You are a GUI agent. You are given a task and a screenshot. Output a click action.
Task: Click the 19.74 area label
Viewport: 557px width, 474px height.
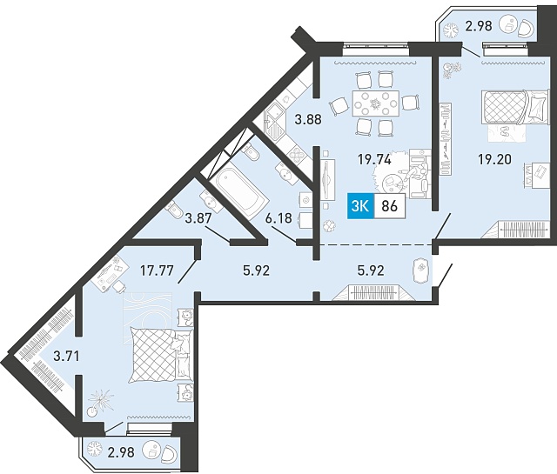pos(374,160)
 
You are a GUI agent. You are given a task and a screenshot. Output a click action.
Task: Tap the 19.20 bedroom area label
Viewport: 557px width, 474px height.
pos(494,159)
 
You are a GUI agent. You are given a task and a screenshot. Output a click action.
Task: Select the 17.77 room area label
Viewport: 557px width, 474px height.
pos(157,270)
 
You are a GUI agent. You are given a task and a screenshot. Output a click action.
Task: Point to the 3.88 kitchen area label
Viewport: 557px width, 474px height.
pos(308,119)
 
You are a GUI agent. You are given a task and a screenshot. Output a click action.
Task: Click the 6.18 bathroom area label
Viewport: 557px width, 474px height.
pos(278,218)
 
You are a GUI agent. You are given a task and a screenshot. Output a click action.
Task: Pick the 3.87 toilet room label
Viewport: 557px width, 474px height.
pos(198,218)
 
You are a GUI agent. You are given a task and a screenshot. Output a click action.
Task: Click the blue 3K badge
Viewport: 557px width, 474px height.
pos(359,206)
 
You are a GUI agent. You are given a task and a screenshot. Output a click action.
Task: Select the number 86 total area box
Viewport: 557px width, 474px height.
pos(389,206)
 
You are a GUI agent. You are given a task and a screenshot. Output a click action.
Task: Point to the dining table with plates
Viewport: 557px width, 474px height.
pos(375,103)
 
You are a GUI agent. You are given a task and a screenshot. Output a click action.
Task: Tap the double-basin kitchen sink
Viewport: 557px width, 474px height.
pos(275,123)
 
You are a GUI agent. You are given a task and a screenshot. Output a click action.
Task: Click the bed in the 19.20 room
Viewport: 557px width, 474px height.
pos(514,106)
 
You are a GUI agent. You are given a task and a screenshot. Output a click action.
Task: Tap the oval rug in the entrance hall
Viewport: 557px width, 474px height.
pos(421,270)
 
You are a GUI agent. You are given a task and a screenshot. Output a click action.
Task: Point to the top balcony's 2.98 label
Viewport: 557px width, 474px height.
pos(479,26)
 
